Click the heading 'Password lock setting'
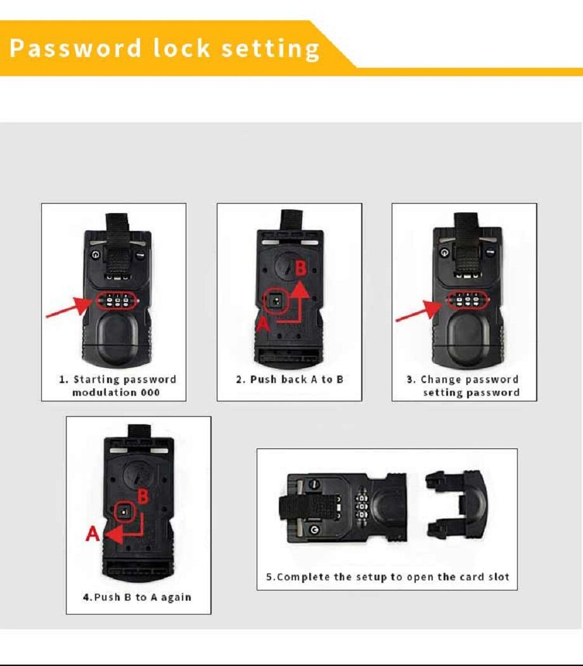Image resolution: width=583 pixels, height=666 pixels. (x=165, y=49)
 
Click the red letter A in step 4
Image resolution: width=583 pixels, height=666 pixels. (x=93, y=535)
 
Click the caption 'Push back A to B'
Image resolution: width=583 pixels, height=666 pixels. (x=290, y=379)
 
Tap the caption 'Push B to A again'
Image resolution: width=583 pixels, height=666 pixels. (x=138, y=597)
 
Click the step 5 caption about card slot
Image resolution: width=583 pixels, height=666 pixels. (x=387, y=577)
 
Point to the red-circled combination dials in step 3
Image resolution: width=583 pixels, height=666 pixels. (x=467, y=300)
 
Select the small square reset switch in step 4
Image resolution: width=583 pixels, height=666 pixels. (x=124, y=513)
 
